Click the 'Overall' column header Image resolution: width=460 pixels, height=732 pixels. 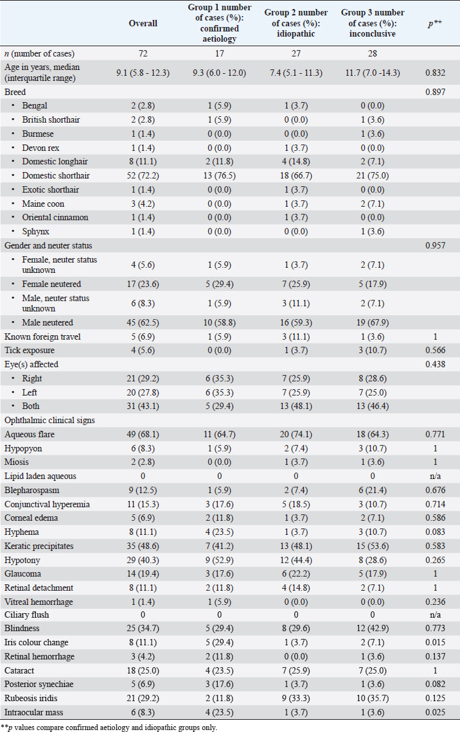coord(143,24)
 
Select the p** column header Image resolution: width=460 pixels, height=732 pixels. coord(434,24)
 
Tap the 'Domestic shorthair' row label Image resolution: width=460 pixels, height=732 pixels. coord(56,175)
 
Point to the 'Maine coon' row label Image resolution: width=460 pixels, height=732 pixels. coord(44,204)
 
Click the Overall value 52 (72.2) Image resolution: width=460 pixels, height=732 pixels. coord(143,175)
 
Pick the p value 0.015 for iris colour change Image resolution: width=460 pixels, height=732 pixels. coord(434,643)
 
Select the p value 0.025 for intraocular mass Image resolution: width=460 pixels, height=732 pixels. coord(434,711)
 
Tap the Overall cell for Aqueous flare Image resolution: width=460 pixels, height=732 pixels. coord(143,434)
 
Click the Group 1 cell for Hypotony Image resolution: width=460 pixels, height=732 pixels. coord(220,560)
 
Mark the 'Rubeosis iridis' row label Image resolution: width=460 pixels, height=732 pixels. coord(31,697)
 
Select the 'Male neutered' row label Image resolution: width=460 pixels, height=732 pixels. coord(48,322)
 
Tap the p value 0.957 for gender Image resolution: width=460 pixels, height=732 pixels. coord(434,246)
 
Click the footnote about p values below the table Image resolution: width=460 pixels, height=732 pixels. coord(111,727)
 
